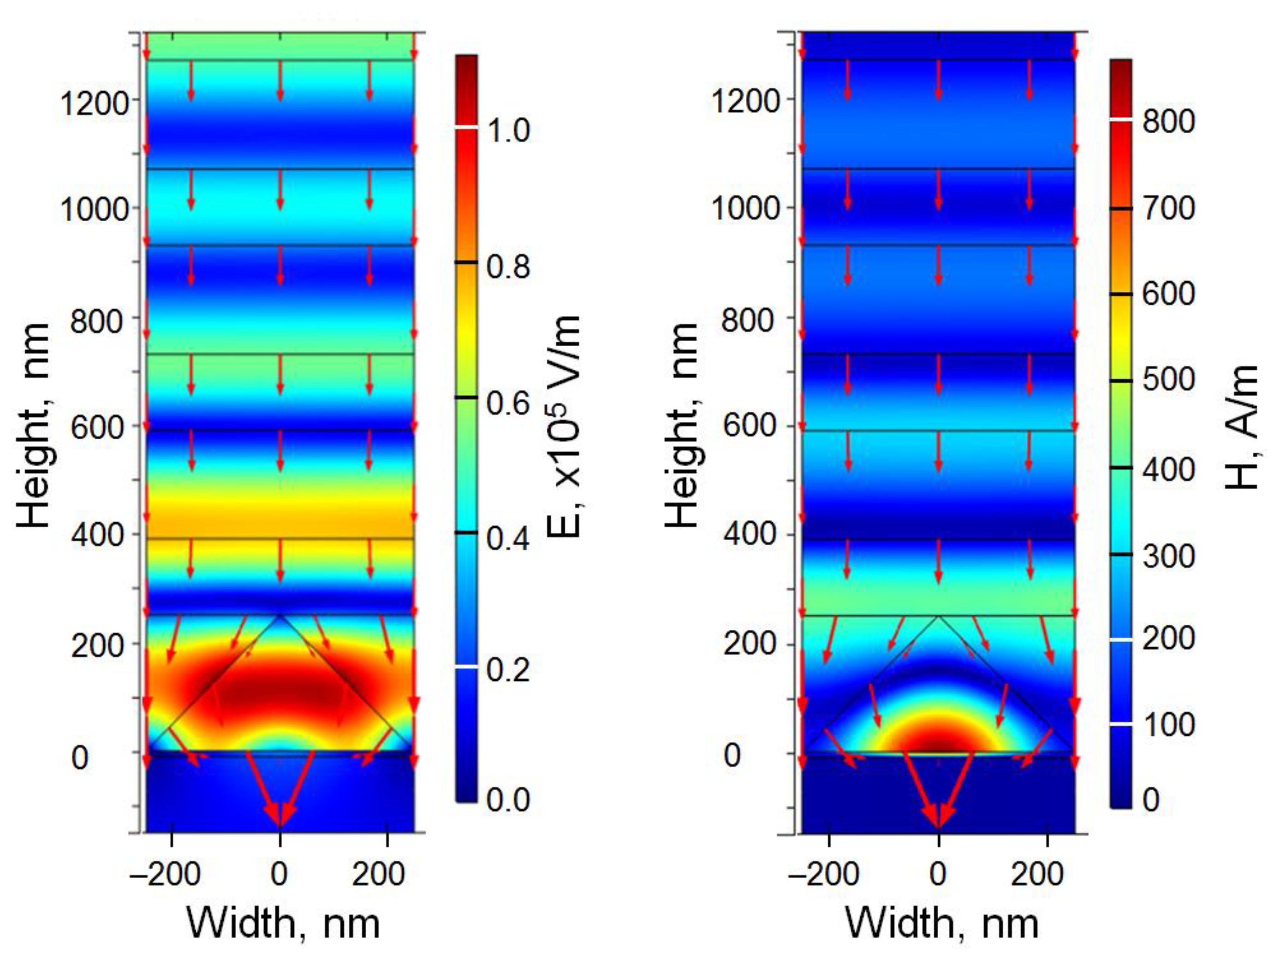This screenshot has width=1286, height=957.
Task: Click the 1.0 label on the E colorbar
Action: pos(508,130)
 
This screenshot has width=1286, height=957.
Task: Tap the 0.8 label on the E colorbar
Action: pos(508,266)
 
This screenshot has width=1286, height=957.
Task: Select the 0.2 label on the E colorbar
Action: pos(508,670)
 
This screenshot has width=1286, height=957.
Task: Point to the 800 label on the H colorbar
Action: pos(1169,122)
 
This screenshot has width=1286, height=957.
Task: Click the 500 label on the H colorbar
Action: pos(1169,380)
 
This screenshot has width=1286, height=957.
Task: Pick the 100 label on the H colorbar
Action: pos(1169,725)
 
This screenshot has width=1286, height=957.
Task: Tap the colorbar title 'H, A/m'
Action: pos(1242,427)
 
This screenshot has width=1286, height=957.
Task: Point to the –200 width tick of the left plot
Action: pos(165,873)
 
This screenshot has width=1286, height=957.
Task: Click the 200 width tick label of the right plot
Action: pos(1037,873)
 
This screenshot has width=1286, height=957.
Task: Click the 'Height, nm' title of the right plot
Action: pos(682,426)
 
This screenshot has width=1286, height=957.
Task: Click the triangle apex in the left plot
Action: pos(280,615)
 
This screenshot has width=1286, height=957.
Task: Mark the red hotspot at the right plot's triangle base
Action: pos(938,738)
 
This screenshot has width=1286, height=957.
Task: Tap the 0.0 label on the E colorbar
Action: pos(508,799)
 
